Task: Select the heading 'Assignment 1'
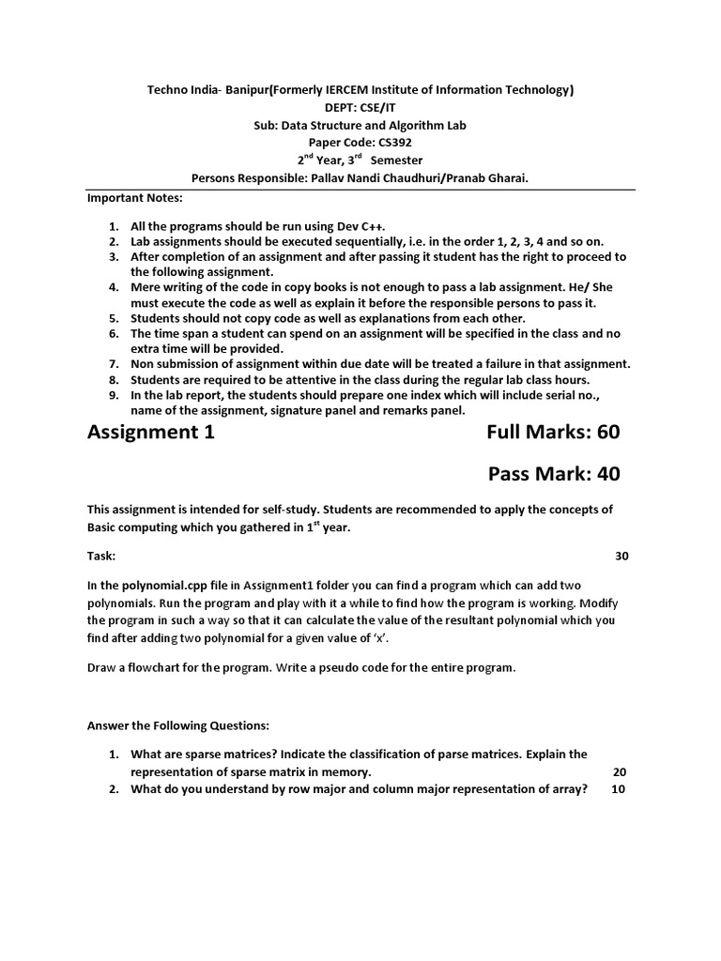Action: coord(151,432)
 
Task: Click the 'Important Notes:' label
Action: coord(135,199)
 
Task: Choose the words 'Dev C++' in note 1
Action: coord(360,226)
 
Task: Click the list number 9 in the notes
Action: coord(112,395)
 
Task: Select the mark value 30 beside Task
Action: coord(621,557)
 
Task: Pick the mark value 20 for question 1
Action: coord(619,771)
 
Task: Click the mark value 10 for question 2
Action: coord(619,789)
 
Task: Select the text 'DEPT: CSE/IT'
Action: coord(360,107)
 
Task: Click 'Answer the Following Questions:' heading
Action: coord(178,725)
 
